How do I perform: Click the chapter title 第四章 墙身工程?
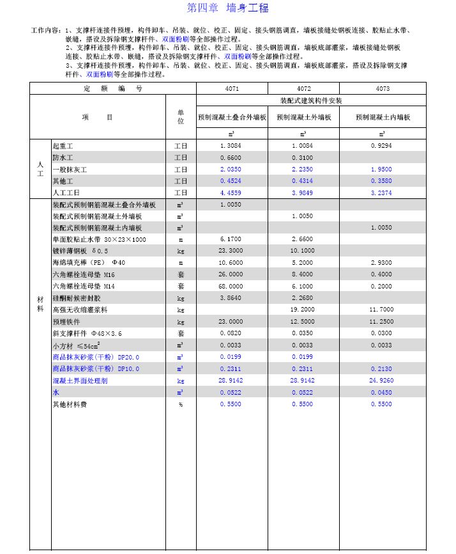click(227, 8)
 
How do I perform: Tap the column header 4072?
click(303, 89)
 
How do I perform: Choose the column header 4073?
click(382, 89)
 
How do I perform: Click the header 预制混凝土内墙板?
click(382, 118)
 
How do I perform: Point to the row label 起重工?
click(63, 146)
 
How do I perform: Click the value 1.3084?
click(231, 146)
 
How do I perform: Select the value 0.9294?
click(382, 146)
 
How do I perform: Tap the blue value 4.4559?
click(231, 193)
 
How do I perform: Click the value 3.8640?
click(231, 297)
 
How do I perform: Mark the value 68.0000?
click(231, 286)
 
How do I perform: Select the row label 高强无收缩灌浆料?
click(80, 310)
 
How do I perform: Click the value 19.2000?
click(303, 310)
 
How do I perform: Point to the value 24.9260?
click(382, 380)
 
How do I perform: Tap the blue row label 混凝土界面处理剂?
click(80, 380)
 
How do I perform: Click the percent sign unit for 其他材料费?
click(181, 404)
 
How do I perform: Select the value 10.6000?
click(231, 263)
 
